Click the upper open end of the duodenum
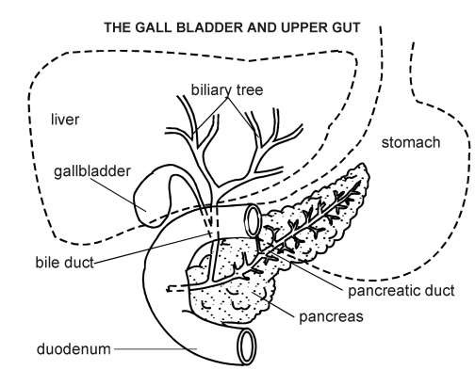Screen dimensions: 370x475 (253, 220)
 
